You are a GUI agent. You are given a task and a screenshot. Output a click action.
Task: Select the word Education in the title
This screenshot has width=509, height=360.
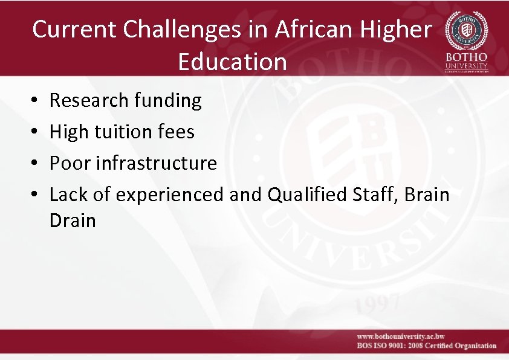coord(232,61)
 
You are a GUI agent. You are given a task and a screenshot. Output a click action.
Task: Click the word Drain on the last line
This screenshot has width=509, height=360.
coord(73,220)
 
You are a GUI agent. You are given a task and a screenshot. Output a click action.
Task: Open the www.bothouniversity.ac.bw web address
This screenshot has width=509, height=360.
coord(401,336)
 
